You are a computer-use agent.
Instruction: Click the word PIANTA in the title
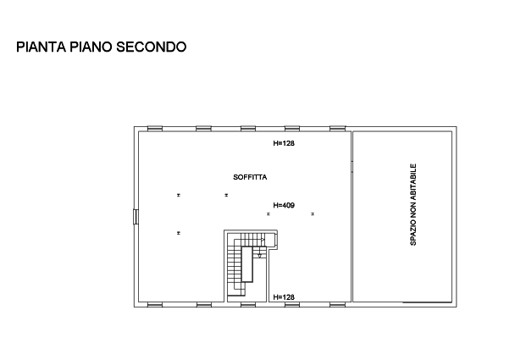pos(36,48)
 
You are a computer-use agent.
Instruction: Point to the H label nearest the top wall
pos(284,144)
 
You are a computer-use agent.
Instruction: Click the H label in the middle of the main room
pos(284,205)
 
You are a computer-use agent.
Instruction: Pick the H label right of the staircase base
pos(284,297)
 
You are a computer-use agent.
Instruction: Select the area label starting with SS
pos(250,178)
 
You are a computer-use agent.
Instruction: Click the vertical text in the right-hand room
pos(413,204)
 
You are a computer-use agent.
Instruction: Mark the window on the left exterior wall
pos(136,218)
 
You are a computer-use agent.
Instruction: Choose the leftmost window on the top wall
pos(155,128)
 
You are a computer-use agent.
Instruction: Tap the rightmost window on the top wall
pos(336,128)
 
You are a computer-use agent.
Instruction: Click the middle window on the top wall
pos(248,128)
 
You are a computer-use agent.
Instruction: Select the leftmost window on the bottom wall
pos(155,304)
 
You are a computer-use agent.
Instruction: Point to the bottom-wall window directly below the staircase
pos(246,304)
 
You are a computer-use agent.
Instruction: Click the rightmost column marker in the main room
pos(313,214)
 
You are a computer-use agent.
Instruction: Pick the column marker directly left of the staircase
pos(179,232)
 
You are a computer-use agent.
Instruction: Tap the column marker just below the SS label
pos(225,195)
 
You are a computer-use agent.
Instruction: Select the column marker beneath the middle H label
pos(269,214)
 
